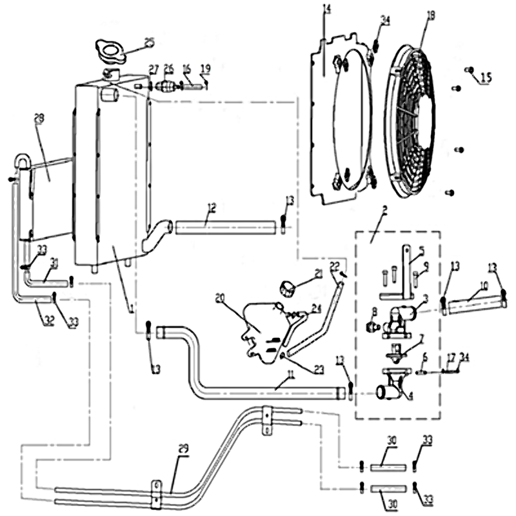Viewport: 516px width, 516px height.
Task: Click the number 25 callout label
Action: click(149, 43)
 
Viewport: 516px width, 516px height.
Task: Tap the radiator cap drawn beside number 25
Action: click(111, 50)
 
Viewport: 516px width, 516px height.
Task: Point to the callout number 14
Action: click(326, 9)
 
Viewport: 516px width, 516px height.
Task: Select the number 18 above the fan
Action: click(431, 14)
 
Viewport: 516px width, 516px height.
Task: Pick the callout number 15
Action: click(485, 77)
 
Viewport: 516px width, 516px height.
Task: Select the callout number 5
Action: click(421, 250)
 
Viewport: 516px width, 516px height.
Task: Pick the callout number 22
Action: click(334, 266)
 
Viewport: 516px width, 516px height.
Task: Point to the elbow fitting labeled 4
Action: click(393, 389)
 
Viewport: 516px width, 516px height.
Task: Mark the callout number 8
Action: click(373, 311)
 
